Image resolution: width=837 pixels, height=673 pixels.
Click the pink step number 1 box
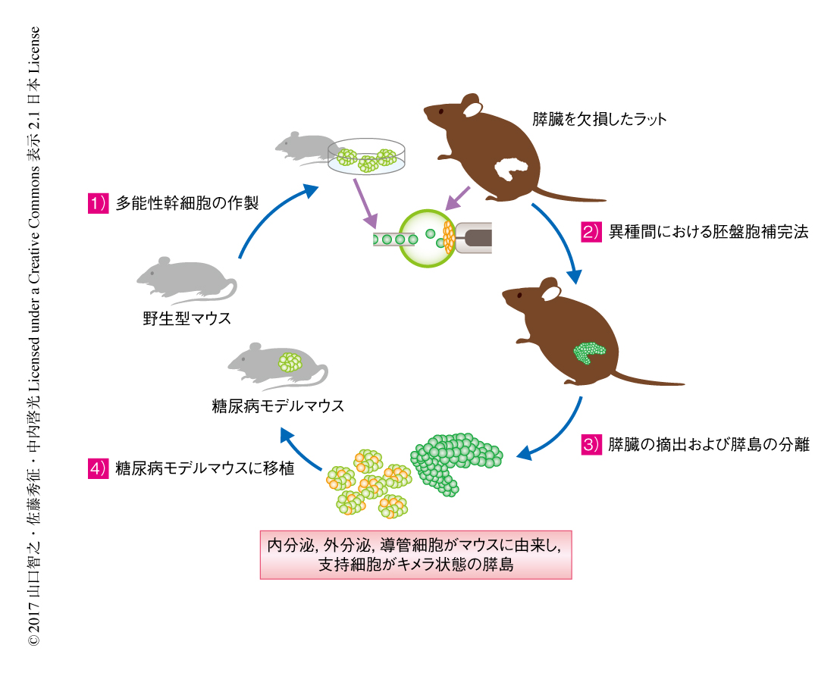click(96, 203)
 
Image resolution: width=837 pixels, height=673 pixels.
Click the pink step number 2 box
click(592, 233)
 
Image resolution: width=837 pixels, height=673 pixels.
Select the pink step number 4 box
click(96, 468)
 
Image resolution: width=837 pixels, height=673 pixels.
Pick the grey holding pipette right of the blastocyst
click(473, 238)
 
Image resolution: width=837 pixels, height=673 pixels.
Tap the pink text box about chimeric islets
click(415, 555)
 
